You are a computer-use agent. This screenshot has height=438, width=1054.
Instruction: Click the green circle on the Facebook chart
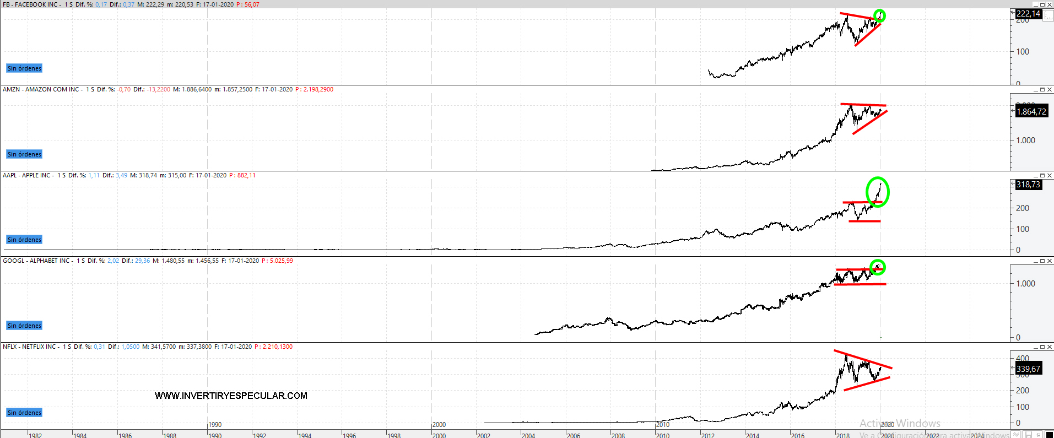880,16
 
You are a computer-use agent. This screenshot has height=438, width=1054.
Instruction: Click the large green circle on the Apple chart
878,192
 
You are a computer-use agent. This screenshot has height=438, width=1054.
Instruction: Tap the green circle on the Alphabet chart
878,267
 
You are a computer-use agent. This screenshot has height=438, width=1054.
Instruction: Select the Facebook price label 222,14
1028,14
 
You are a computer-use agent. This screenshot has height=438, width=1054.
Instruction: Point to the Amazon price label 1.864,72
1031,112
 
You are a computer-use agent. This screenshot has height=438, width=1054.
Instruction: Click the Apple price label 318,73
1028,185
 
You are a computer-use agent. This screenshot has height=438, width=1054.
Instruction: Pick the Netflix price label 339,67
1028,369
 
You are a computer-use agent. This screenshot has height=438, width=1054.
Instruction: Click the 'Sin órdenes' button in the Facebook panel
24,68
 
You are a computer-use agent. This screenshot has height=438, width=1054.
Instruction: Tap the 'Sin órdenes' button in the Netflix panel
24,413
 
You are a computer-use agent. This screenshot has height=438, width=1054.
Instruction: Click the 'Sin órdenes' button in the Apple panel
24,240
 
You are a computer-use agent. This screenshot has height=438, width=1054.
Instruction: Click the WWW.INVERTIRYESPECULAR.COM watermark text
231,396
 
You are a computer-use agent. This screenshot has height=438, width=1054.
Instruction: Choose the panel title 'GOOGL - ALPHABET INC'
36,261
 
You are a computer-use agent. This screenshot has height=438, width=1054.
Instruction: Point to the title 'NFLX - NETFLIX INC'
29,347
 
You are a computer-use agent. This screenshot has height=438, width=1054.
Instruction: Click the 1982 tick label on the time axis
35,435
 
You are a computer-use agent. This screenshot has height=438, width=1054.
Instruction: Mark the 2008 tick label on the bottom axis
618,435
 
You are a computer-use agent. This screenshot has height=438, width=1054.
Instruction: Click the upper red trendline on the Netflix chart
862,359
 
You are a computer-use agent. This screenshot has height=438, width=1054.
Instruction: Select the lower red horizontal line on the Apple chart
864,221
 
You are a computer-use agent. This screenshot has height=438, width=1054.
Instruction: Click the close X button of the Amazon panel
1049,89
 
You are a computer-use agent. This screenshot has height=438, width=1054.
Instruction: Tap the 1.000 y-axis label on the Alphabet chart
1025,284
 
